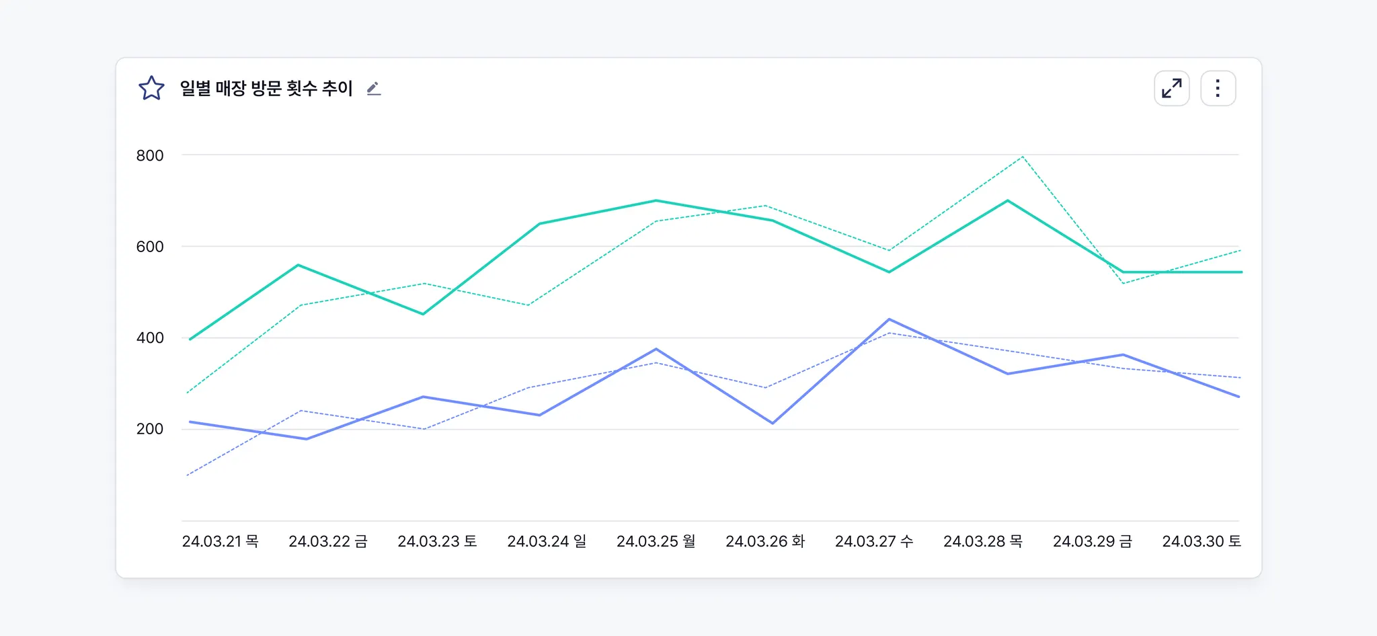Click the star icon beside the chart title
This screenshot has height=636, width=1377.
click(151, 88)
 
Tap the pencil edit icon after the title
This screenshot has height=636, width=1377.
click(374, 89)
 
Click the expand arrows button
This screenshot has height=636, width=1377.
click(1171, 88)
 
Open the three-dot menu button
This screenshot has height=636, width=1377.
click(1218, 88)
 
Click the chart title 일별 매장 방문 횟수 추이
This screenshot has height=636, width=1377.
click(266, 88)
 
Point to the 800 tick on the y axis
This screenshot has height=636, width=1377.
click(149, 155)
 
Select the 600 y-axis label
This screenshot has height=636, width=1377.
click(149, 247)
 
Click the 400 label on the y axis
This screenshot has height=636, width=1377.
click(149, 337)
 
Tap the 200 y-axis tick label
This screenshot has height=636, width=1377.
click(149, 429)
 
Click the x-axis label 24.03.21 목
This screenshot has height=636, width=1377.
click(220, 541)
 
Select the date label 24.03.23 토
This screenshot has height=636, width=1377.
click(437, 541)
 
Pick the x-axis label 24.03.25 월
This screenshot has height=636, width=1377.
click(656, 541)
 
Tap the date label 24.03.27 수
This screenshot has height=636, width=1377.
click(874, 541)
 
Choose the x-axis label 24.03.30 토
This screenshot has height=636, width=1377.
click(1202, 541)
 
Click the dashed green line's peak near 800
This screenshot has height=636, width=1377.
click(1022, 157)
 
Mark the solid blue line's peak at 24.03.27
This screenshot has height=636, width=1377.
click(889, 319)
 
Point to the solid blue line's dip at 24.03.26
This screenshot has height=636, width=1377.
click(773, 423)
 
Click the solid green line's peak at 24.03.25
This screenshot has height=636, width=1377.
click(656, 200)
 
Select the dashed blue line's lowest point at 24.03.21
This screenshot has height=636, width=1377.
click(188, 475)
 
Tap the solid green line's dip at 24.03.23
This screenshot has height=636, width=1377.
click(423, 314)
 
